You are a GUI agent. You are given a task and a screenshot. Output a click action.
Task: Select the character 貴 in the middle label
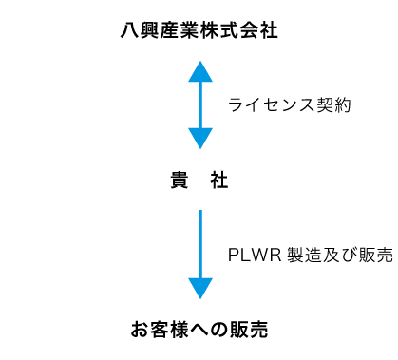click(178, 180)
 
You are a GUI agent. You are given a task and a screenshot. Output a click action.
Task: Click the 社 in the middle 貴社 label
click(220, 180)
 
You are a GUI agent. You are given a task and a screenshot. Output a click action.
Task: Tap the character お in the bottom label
click(139, 331)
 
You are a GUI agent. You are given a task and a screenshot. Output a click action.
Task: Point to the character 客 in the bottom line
click(159, 331)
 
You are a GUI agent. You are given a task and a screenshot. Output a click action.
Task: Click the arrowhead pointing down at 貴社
click(199, 139)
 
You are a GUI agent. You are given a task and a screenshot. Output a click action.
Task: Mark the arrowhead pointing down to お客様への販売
click(199, 288)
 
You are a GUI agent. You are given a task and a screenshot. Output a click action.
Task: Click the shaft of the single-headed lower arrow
click(199, 242)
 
